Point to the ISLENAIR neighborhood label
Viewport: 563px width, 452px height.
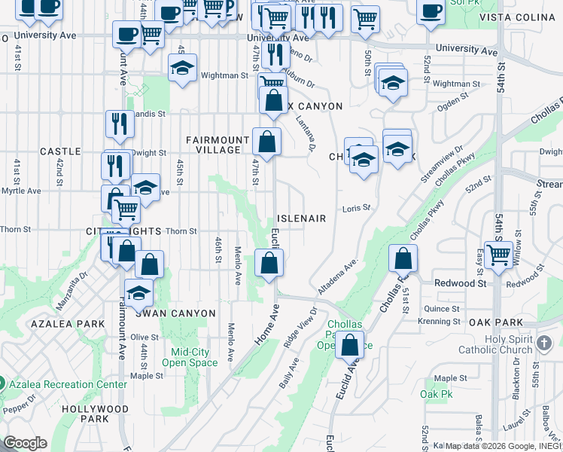[x=302, y=218]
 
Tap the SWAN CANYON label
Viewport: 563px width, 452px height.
[x=181, y=313]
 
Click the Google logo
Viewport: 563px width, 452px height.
[x=26, y=443]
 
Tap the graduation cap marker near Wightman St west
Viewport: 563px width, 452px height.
[x=182, y=69]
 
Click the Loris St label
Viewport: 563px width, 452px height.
[x=357, y=208]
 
